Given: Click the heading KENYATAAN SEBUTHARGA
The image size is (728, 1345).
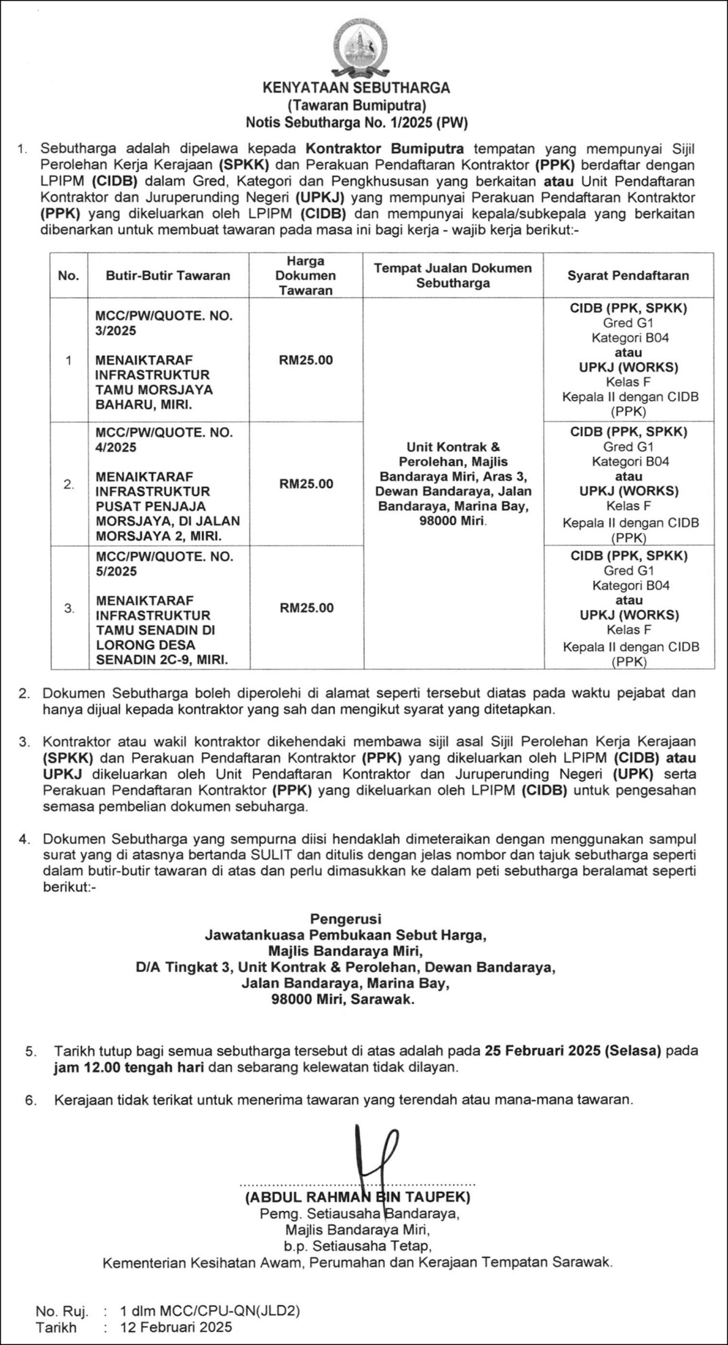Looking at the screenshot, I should pos(356,88).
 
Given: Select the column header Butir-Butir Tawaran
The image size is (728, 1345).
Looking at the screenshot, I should pos(167,275).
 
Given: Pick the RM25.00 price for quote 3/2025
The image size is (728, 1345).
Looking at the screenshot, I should pos(306,360).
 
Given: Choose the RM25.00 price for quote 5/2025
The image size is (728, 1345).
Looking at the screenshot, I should pos(306,608).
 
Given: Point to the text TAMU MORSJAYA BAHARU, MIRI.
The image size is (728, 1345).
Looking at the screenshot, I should pos(154,397).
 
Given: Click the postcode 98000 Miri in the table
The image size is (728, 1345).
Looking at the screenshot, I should pos(452,521).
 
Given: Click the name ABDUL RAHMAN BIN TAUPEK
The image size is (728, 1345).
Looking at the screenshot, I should pos(357,1197).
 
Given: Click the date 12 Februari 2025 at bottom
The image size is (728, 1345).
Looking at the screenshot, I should pos(176,1327).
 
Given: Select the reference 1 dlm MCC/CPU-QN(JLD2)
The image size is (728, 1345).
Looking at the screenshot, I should pos(209,1310).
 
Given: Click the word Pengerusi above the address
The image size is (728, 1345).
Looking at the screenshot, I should pos(346,920).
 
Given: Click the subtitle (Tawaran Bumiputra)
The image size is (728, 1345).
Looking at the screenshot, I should pos(356,106).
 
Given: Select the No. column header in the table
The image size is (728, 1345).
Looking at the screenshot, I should pos(68,275).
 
